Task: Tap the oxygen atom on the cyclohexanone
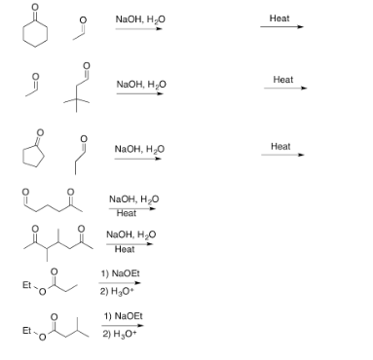(x=40, y=13)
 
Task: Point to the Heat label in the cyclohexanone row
(x=280, y=18)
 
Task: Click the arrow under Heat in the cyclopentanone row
(x=282, y=155)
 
